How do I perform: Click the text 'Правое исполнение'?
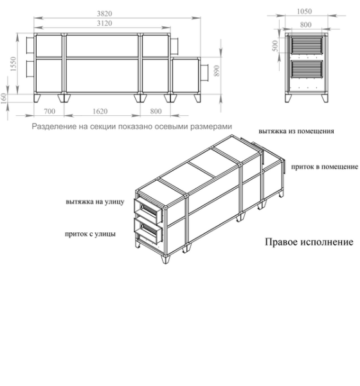point(309,243)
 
